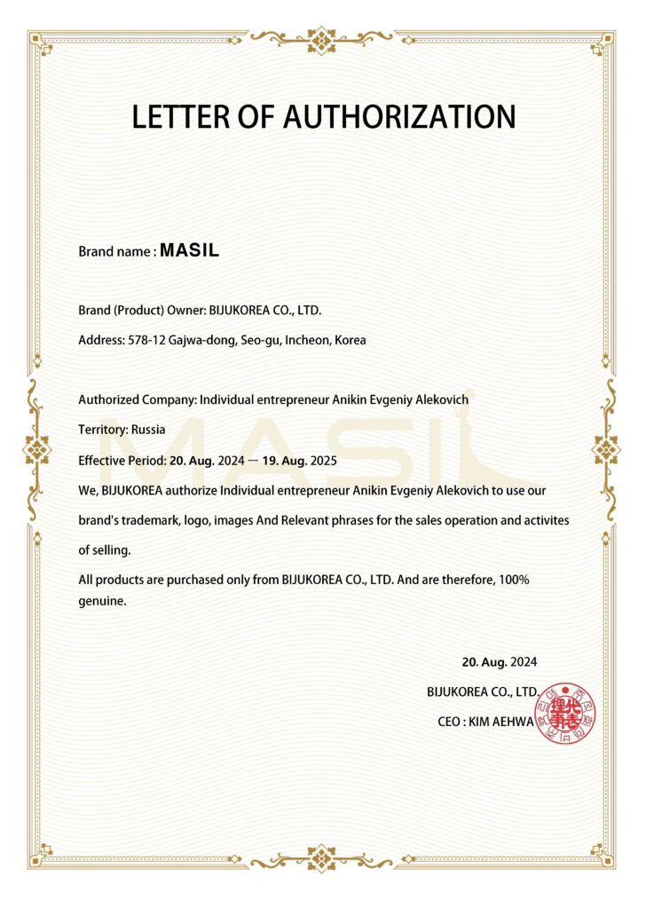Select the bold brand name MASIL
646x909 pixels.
tap(189, 251)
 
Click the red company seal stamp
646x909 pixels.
tap(567, 713)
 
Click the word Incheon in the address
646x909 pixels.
tap(307, 340)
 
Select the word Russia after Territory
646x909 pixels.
tap(149, 430)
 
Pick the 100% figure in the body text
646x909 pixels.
tap(514, 580)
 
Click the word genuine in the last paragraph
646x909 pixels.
tap(102, 601)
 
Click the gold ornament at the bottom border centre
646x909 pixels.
tap(321, 859)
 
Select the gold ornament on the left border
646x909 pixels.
tap(36, 449)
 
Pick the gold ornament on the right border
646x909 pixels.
tap(608, 449)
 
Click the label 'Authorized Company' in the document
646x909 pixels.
tap(136, 399)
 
